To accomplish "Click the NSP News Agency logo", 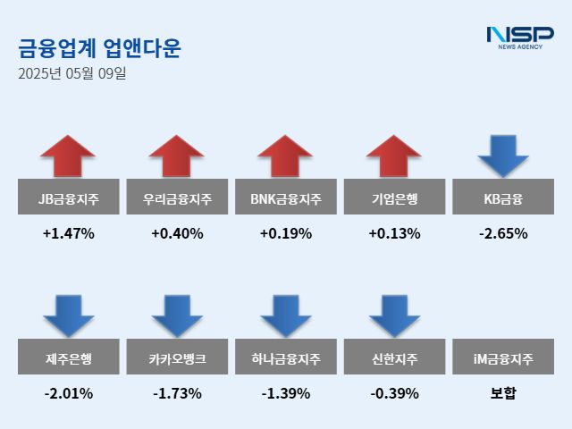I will [519, 38].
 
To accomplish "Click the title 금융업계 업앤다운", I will [99, 47].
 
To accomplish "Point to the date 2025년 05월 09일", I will [72, 73].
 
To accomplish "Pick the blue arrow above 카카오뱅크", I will [177, 315].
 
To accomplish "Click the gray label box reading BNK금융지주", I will [285, 197].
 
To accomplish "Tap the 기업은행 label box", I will [394, 197].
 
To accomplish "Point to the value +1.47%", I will [68, 234].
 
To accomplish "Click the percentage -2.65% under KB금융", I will [503, 234].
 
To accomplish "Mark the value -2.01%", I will [68, 393].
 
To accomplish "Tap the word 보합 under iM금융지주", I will [503, 393].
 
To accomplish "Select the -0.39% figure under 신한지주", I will [394, 393].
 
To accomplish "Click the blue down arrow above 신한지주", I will [394, 315].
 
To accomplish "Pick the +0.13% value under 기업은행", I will [394, 234].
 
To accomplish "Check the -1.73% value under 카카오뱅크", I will [177, 393].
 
